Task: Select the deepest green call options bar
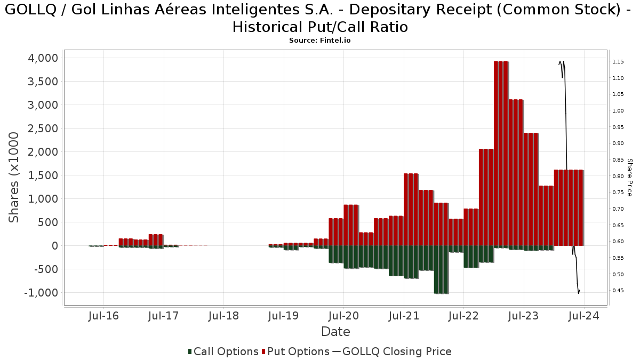tap(441, 269)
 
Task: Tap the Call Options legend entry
tap(223, 351)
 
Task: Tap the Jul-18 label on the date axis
tap(223, 316)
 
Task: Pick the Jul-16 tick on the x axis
tap(103, 316)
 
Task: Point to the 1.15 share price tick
tap(618, 62)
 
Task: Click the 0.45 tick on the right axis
tap(618, 291)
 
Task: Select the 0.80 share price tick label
tap(618, 176)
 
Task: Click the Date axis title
tap(335, 332)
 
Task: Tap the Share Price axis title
tap(629, 177)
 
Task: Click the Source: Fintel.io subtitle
tap(319, 41)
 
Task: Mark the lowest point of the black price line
tap(578, 293)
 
